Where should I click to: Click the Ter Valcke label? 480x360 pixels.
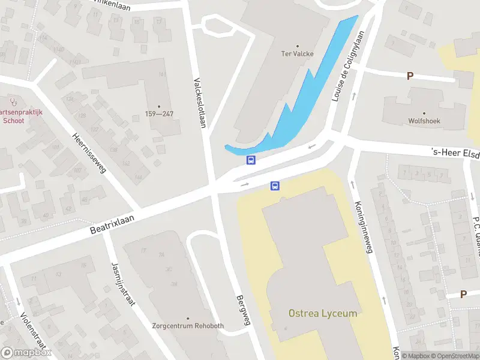point(298,53)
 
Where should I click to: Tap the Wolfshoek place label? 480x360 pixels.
point(424,121)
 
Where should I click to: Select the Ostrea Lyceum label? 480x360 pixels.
point(322,313)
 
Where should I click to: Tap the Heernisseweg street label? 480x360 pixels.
point(89,153)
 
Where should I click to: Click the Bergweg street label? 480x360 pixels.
point(242,310)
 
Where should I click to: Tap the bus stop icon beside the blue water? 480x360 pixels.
point(251,160)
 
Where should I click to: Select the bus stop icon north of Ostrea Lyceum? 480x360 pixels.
point(275,186)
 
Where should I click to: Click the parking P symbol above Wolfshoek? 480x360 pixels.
point(410,76)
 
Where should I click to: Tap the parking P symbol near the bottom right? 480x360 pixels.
point(463,294)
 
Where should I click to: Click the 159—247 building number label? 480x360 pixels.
point(159,114)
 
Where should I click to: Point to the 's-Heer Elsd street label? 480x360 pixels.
point(456,153)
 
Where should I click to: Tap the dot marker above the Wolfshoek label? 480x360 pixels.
point(424,113)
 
